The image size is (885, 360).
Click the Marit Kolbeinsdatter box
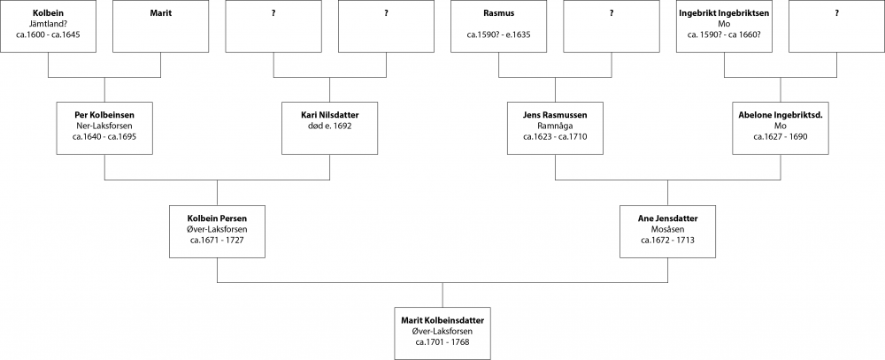point(442,332)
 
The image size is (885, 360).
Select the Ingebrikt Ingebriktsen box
point(723,27)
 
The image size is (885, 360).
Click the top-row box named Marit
point(160,27)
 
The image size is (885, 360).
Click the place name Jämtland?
point(48,25)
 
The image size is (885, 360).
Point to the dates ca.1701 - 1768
point(442,341)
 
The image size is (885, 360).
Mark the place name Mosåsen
point(667,228)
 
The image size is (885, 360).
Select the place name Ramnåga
point(555,126)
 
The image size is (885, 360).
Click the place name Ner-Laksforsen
point(104,126)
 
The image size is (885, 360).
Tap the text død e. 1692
point(329,126)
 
